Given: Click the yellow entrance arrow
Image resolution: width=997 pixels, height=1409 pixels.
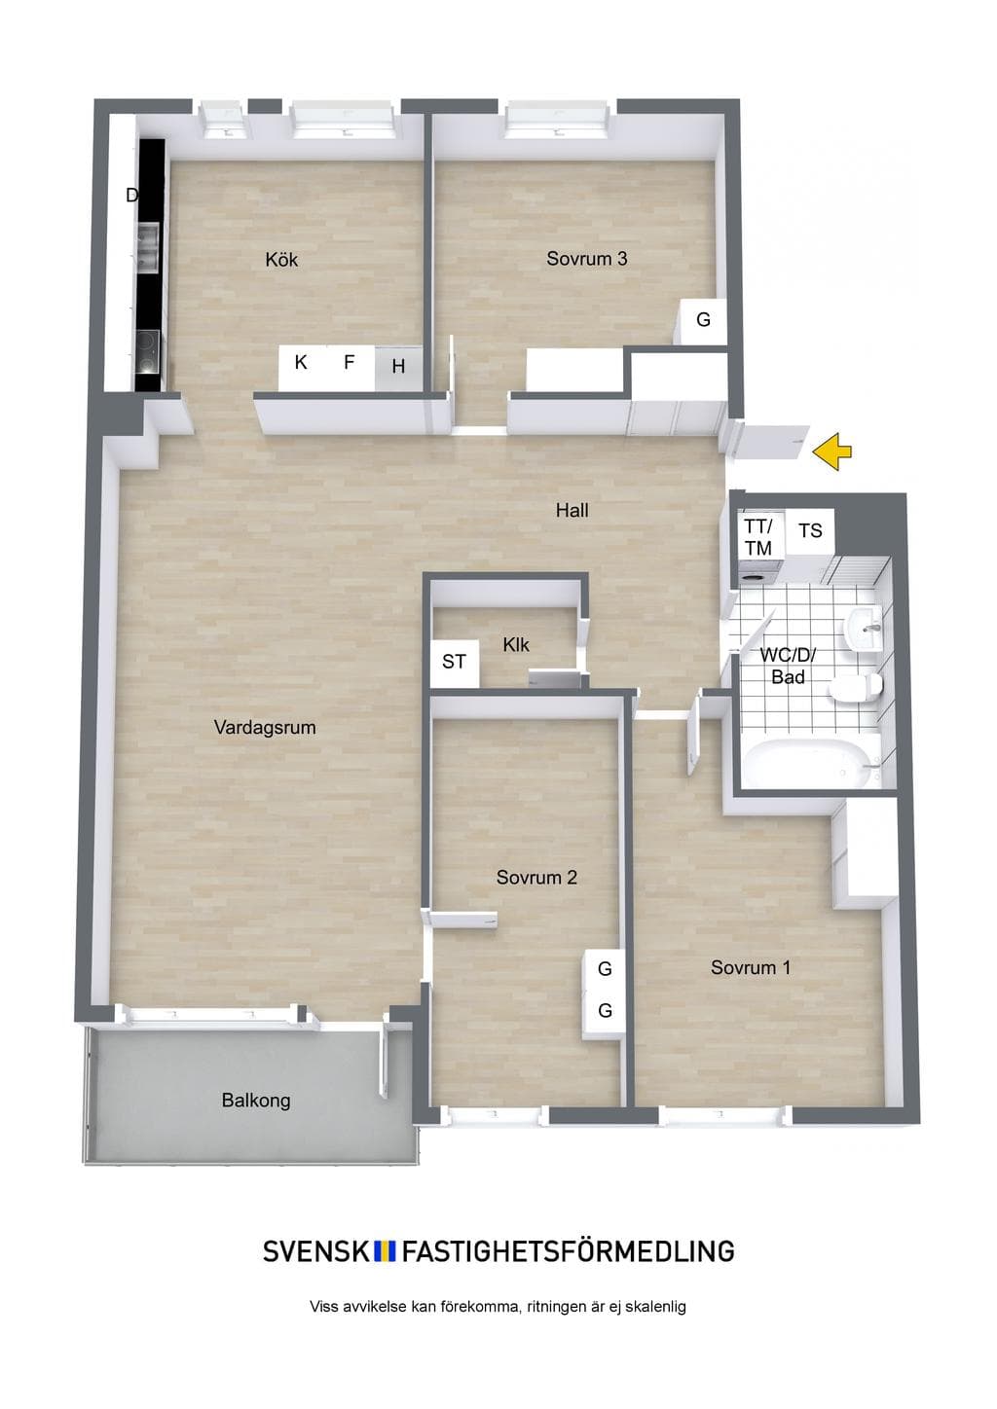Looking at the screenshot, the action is [831, 451].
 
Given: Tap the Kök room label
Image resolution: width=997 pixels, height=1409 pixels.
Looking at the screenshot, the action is [281, 259].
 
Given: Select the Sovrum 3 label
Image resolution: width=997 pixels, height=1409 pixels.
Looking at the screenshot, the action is [587, 259].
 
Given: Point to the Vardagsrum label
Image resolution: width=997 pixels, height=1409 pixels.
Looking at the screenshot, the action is [265, 728].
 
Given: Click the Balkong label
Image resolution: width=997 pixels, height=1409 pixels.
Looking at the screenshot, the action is [256, 1101].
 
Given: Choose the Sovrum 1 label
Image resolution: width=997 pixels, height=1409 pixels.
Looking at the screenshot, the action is [751, 967].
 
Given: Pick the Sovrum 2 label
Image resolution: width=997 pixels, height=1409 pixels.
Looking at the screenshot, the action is [536, 878].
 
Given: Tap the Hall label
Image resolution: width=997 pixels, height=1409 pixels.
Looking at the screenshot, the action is [572, 510].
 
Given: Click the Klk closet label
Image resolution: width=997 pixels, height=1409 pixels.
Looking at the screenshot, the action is [516, 645].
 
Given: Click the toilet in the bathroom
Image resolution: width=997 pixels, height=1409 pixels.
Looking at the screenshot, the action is [856, 686].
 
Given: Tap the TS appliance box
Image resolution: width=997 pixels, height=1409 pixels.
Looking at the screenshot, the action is [811, 531].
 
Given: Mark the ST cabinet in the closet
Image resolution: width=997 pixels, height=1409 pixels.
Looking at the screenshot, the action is [455, 663].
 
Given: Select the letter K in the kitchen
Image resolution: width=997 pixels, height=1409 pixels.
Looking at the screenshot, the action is [301, 362].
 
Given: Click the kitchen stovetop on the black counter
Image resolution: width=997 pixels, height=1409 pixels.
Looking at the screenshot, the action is [149, 351].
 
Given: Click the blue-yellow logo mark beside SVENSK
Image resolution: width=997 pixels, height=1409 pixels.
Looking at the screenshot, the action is [385, 1251].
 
